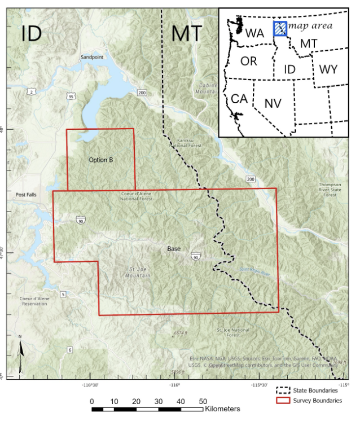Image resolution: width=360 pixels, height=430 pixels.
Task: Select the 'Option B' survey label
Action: coord(101,160)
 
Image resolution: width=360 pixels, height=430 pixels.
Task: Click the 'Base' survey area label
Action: coord(174,248)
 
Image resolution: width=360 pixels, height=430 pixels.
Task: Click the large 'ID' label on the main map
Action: coord(32,34)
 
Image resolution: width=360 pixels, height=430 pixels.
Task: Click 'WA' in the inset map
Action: coord(254,33)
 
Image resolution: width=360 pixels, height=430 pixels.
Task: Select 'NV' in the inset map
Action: coord(273,103)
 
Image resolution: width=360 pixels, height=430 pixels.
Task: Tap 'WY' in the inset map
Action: coord(328,69)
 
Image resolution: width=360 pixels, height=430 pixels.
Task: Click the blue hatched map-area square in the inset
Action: coord(280,29)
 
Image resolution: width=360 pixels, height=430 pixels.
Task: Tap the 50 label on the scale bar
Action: coord(203,401)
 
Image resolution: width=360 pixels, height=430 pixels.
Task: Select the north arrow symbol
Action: coord(21,354)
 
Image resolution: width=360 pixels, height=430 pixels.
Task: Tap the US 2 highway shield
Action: coord(31,91)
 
